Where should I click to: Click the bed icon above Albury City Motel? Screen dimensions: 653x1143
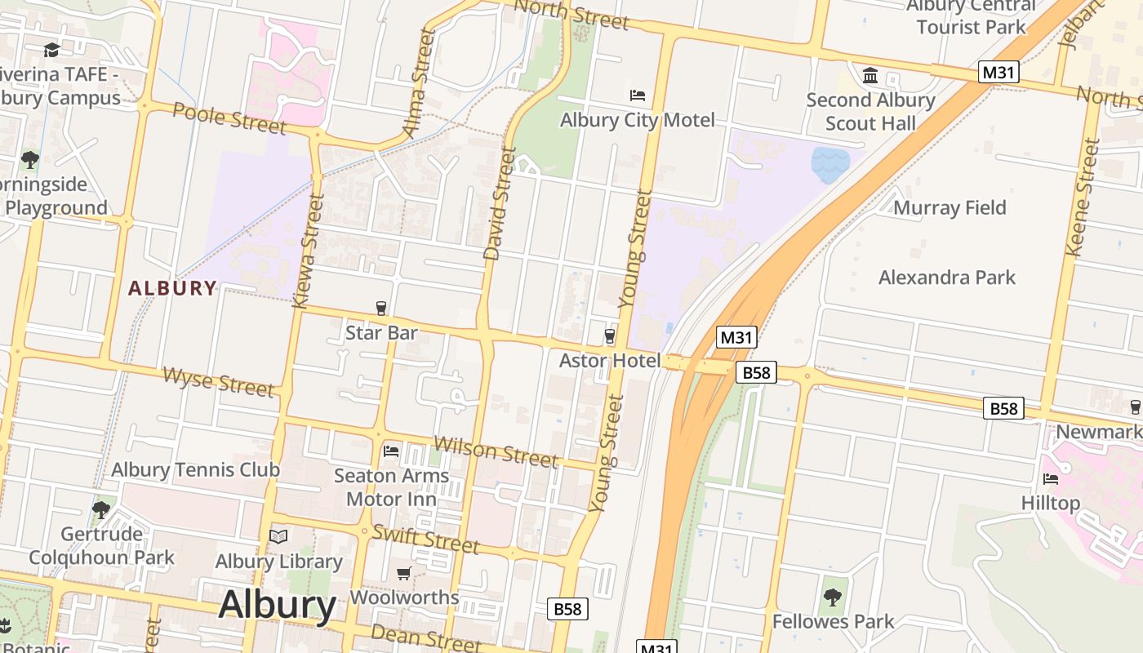638,96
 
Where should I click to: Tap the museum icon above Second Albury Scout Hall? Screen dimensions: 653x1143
870,76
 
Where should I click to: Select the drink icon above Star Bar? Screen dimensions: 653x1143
380,308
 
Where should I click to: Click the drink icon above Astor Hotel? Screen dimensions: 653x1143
609,335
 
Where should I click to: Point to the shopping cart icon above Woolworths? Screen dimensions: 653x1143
403,573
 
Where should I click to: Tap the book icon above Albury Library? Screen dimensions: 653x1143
278,536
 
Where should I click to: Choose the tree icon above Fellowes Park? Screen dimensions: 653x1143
833,597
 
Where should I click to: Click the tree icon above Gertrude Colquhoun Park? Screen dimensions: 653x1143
101,510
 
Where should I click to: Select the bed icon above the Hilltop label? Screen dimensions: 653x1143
1050,478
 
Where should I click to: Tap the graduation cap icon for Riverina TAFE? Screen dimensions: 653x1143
51,51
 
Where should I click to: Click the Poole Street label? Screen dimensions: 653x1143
229,119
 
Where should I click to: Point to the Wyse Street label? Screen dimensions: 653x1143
218,381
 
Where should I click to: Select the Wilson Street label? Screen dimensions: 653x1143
496,451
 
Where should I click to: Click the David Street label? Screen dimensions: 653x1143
500,204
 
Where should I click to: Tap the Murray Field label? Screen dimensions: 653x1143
950,207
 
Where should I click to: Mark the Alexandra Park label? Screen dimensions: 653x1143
947,278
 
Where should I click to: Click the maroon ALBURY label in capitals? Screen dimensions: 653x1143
172,288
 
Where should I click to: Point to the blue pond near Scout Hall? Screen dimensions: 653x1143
829,164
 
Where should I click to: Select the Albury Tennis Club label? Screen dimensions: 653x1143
195,469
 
